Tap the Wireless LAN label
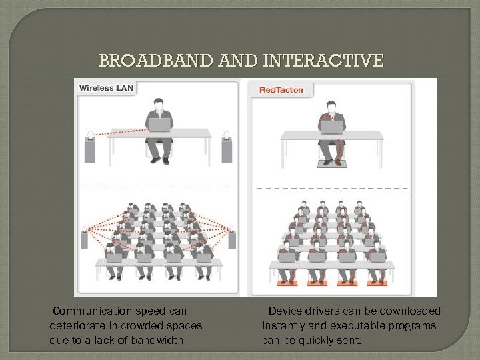pos(106,88)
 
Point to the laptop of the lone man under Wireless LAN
pos(159,125)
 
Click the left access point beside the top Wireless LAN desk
pos(90,148)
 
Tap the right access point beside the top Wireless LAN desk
pos(227,148)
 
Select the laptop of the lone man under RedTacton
pos(331,127)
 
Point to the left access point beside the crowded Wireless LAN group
pos(85,238)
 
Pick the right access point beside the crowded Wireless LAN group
pos(231,238)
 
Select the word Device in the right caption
pos(283,311)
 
